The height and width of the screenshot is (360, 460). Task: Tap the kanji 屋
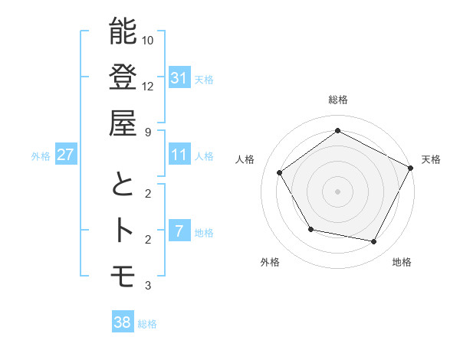point(123,123)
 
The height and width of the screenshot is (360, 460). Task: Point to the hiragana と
point(123,185)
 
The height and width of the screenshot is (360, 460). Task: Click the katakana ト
point(123,230)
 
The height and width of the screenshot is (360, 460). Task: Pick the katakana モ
point(123,276)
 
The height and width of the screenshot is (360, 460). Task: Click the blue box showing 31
point(179,77)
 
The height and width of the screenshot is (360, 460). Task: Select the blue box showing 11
point(179,155)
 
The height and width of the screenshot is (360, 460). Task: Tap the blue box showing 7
point(179,231)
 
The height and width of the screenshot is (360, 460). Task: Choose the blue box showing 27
point(66,155)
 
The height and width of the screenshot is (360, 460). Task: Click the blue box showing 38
point(123,322)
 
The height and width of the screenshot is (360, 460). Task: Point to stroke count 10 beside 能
point(148,40)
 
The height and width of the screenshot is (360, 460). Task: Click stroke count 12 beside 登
point(148,86)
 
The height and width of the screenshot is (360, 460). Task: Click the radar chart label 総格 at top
point(337,100)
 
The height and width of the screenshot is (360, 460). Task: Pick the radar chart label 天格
point(431,159)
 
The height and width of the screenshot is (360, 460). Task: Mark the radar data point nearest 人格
point(280,172)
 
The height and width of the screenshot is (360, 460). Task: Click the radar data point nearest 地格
point(373,241)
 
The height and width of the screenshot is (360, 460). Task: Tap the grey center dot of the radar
point(337,191)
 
